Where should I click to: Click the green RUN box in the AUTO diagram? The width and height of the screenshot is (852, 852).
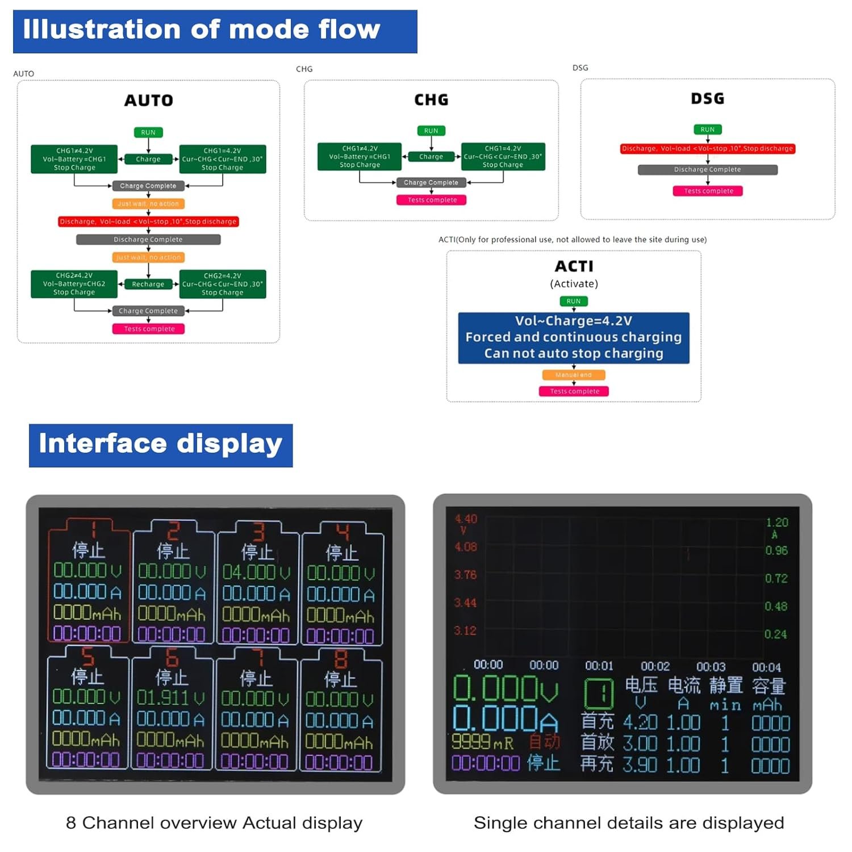coord(148,132)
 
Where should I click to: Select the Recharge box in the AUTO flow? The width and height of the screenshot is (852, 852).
coord(148,284)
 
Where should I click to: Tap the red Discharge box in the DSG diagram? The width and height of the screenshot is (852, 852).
coord(707,149)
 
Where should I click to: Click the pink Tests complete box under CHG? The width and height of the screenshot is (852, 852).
coord(432,200)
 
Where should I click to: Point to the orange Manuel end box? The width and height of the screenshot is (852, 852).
coord(574,375)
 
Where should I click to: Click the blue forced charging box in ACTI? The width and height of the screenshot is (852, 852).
coord(574,337)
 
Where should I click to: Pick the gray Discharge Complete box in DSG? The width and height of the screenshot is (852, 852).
coord(707,169)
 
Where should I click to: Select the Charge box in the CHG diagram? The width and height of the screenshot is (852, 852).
coord(431,156)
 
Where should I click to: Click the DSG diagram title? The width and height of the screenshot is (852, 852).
coord(707,99)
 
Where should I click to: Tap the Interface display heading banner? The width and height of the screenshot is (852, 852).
coord(161,445)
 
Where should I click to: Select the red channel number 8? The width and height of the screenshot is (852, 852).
coord(341,659)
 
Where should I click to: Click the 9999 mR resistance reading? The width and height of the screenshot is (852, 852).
coord(482,742)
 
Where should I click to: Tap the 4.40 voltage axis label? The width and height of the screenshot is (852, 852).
coord(466,519)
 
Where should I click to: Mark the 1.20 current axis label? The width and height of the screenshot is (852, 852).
coord(776,523)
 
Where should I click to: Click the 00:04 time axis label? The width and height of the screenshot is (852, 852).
coord(766,667)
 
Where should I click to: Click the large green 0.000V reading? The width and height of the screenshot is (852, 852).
coord(506,689)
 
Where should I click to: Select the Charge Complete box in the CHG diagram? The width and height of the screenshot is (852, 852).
coord(431,182)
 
